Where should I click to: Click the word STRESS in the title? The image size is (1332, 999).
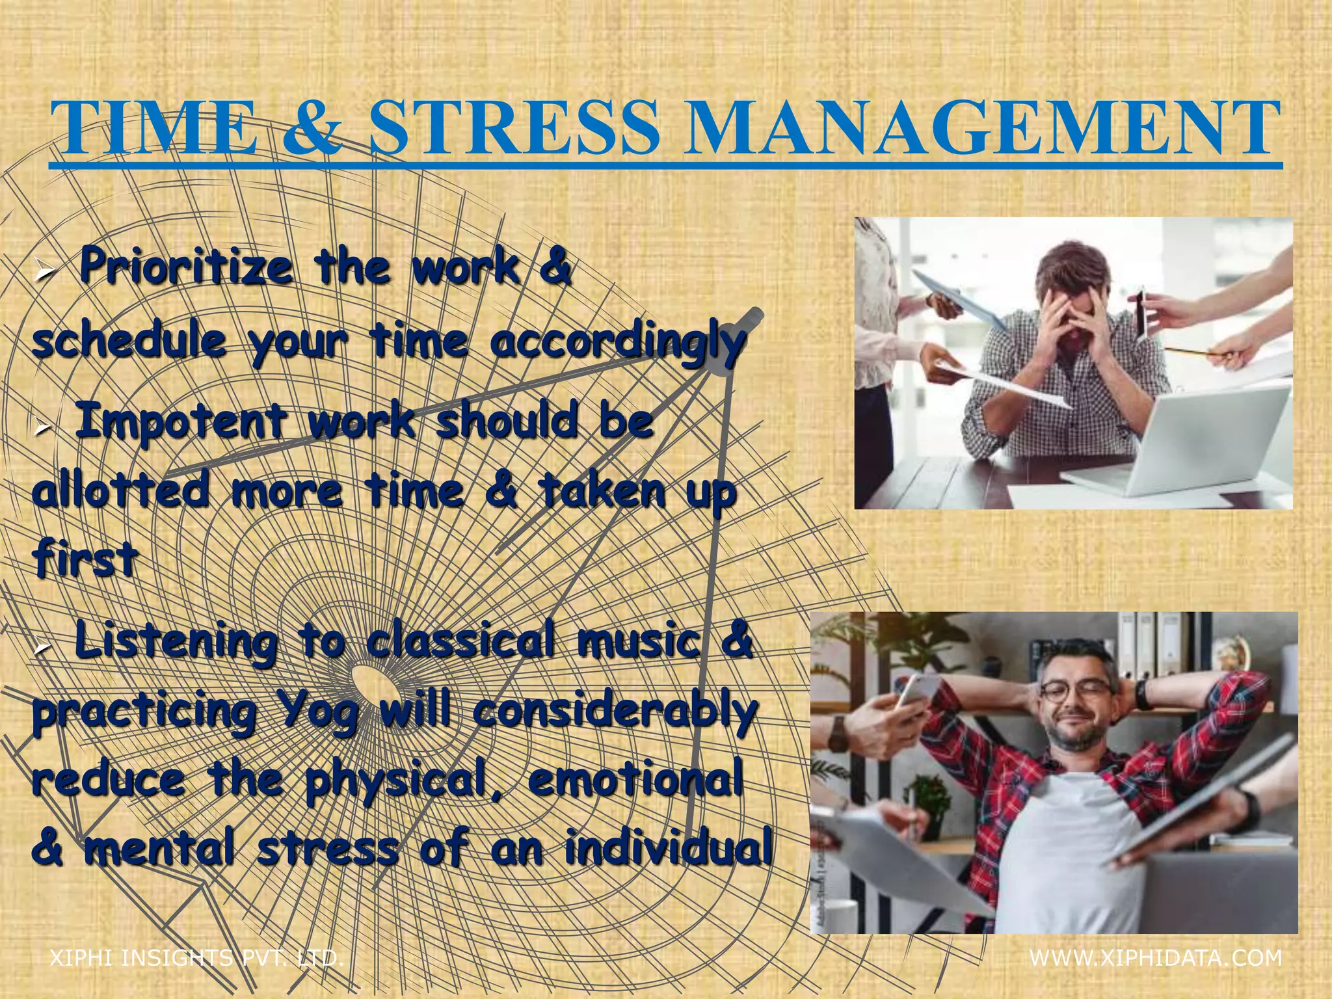point(514,127)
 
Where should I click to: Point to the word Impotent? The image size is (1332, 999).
point(180,421)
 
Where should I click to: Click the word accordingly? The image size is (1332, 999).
point(617,343)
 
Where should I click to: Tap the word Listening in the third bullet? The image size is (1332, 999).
point(176,642)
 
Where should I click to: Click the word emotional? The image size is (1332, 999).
point(635,780)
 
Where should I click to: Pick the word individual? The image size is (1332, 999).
point(669,849)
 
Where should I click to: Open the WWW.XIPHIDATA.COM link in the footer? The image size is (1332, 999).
point(1156,958)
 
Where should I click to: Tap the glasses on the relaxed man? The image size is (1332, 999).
point(1075,691)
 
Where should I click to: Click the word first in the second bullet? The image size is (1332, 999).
point(85,559)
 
